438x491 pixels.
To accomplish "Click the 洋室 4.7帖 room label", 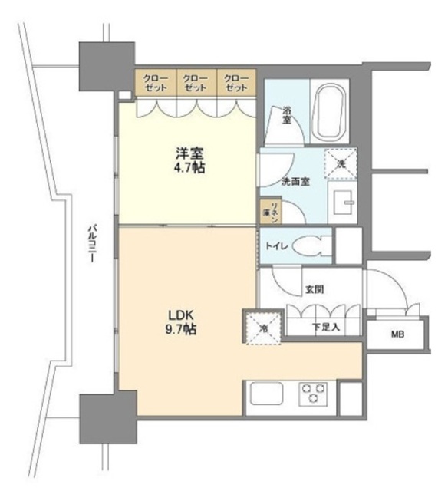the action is point(189,160).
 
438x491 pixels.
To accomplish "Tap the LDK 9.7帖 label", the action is point(181,322).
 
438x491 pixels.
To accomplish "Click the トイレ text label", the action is point(277,246).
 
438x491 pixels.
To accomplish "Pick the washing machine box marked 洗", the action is point(341,163).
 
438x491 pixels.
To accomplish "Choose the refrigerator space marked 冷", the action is point(264,328).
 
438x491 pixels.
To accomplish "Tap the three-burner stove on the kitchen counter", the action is point(313,394).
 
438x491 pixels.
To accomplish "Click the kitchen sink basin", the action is point(266,394).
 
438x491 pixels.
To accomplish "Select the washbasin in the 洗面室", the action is point(344,203).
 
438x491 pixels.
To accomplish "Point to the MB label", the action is point(397,334).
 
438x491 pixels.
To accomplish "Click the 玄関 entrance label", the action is point(315,290).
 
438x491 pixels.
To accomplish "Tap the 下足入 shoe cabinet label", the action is point(325,328).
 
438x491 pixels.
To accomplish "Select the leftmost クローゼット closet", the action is point(156,82).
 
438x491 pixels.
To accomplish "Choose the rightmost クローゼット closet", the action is point(236,82).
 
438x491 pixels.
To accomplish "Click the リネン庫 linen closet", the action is point(271,212).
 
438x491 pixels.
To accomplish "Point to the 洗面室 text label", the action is point(296,182).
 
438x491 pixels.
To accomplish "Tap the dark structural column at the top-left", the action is point(107,67).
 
